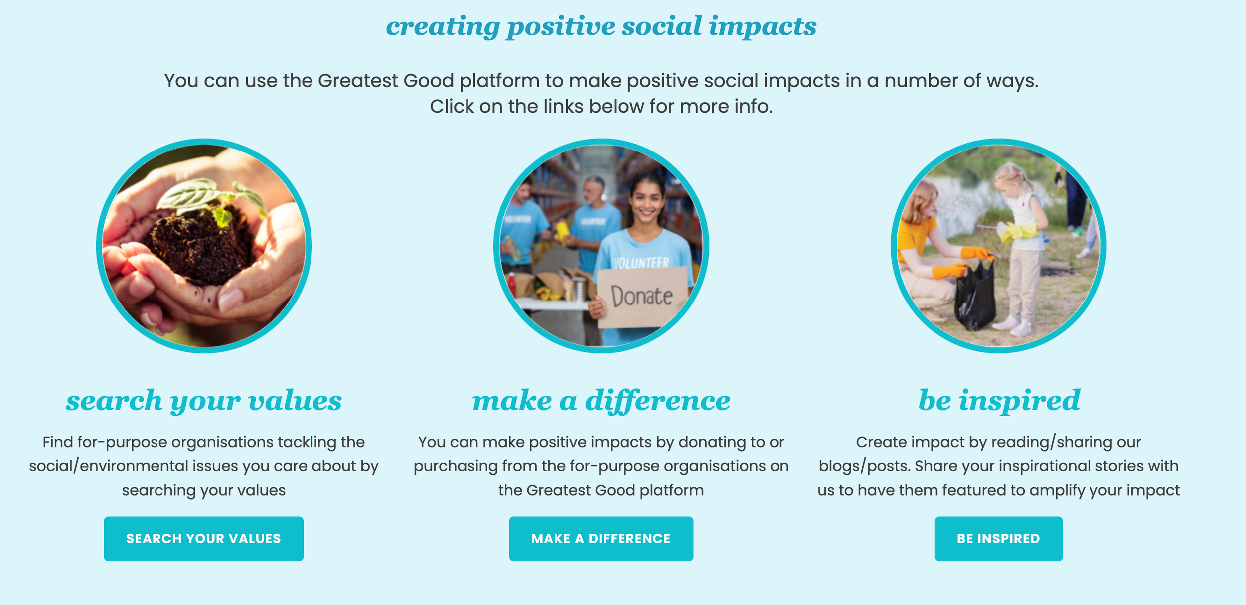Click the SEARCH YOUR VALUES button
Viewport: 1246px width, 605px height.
point(203,539)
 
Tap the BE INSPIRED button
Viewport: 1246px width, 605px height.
point(998,539)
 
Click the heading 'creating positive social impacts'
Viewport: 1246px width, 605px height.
point(601,26)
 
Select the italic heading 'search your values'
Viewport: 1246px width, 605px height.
point(203,401)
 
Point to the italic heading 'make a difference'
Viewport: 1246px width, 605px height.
point(601,401)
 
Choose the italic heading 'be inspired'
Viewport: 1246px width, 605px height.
point(999,401)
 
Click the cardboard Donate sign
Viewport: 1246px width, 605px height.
point(641,297)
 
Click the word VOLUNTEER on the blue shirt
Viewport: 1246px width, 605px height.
point(641,263)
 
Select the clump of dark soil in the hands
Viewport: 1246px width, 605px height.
point(199,247)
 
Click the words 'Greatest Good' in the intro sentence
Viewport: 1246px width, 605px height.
point(386,81)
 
